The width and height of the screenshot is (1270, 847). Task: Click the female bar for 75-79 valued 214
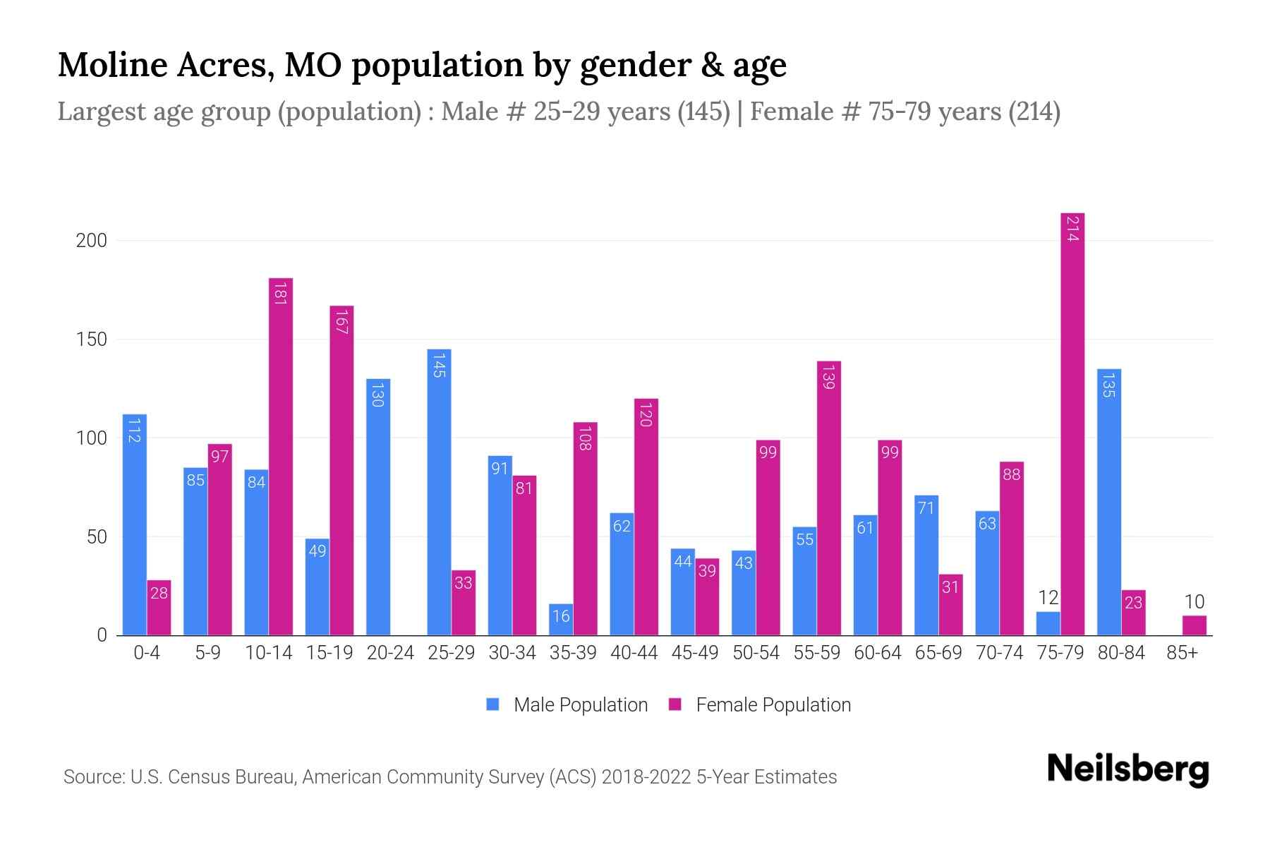coord(1072,423)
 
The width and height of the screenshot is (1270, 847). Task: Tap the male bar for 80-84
coord(1109,502)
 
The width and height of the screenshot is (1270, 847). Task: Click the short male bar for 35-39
coord(561,620)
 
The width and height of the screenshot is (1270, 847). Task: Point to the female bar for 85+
coord(1194,625)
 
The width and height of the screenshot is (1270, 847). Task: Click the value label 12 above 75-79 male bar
coord(1048,598)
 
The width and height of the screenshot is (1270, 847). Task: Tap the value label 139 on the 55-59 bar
coord(829,376)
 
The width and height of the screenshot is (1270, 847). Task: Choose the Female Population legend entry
coord(760,704)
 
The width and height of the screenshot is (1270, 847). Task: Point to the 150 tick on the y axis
coord(92,340)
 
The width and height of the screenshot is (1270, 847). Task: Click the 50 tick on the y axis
coord(97,537)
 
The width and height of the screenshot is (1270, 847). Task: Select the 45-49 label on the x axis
coord(694,653)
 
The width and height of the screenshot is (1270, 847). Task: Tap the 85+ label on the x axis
coord(1182,653)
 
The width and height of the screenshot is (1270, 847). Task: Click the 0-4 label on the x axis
coord(147,653)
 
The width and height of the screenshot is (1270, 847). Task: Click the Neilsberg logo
coord(1127,769)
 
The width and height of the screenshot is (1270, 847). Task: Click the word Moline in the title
coord(112,65)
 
